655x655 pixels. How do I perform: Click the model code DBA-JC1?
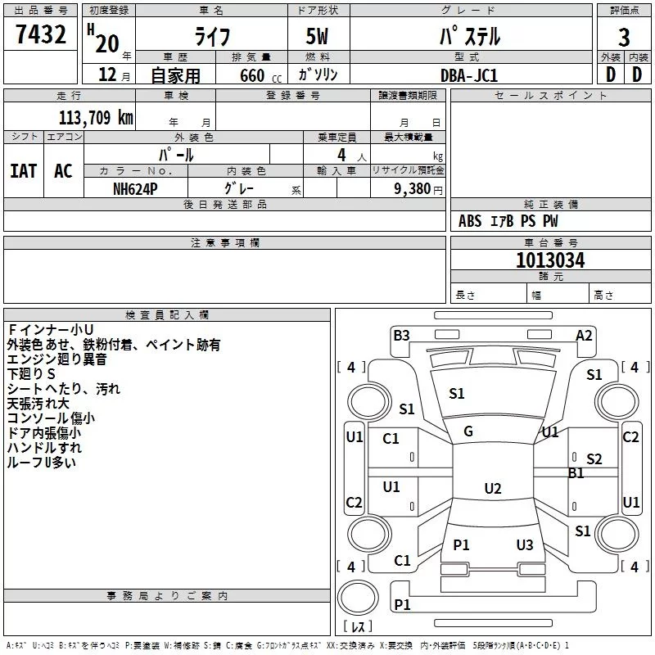point(468,75)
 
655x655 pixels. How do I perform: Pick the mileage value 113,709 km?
point(96,117)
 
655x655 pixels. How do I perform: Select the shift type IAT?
point(23,170)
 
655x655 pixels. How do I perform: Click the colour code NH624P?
point(136,187)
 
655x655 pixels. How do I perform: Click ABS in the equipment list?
point(470,221)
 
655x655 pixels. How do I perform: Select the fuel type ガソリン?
point(318,75)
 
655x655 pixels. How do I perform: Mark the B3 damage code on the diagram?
point(401,335)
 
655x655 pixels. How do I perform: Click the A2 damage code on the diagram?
point(584,335)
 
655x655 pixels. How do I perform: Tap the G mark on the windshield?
point(468,431)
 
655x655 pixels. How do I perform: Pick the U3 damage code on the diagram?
point(525,545)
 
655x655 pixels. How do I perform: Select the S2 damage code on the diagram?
point(594,459)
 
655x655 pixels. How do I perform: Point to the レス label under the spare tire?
point(358,627)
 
